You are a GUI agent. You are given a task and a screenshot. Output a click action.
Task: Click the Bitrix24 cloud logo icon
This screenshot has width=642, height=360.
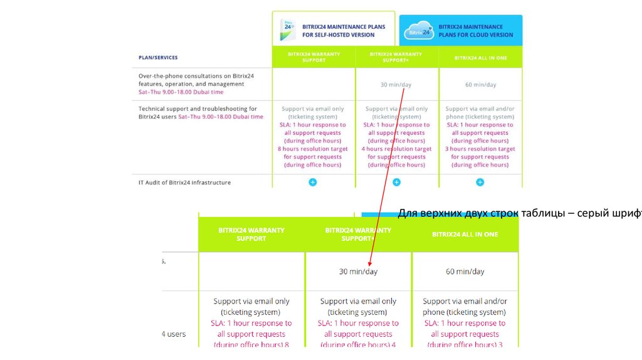pos(418,31)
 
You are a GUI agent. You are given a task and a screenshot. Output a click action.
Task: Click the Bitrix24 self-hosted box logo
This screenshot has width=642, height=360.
pos(288,29)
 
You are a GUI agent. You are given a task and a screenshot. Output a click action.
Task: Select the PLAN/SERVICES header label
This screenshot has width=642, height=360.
pos(158,58)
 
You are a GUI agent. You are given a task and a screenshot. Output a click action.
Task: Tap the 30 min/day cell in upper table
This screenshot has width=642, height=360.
pos(396,85)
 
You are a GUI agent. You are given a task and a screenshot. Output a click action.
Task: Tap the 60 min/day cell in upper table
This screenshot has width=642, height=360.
pos(480,85)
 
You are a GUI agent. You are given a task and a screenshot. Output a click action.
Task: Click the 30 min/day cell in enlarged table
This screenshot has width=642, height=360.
pos(358,272)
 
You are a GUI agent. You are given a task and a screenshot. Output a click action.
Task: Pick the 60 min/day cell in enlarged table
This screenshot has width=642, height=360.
pos(465,272)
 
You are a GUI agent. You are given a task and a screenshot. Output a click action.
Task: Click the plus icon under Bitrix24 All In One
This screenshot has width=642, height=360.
pos(480,182)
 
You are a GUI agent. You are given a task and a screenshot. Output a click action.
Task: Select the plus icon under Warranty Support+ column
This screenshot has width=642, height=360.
pos(396,182)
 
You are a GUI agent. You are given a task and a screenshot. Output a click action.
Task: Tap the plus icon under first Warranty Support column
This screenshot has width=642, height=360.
pos(313,182)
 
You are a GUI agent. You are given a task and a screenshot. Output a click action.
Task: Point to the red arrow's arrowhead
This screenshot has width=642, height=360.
pos(370,263)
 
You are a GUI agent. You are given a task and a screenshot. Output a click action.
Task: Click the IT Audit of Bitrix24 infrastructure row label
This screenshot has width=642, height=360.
pos(184,183)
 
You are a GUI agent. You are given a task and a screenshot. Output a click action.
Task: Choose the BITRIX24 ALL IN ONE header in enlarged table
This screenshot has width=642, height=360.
pos(465,234)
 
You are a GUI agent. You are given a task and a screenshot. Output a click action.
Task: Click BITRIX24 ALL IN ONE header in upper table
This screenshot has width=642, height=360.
pos(480,58)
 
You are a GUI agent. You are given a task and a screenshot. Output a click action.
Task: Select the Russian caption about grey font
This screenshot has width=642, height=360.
pos(520,213)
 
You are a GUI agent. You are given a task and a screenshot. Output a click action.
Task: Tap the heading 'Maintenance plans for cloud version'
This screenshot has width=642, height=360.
pos(475,31)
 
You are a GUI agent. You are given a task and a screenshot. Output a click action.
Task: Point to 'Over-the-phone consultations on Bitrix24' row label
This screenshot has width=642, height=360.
pos(196,76)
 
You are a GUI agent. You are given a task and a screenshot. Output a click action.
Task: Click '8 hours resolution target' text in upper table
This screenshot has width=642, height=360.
pos(312,149)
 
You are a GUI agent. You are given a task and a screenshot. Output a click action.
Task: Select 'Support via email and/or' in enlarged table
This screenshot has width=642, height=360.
pos(465,302)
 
